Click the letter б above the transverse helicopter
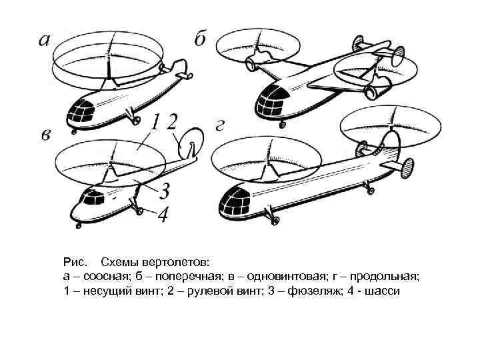[200, 39]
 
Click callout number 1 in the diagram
[155, 122]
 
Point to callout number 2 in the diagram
[172, 122]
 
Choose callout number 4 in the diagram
[163, 214]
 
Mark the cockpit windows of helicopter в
[93, 197]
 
